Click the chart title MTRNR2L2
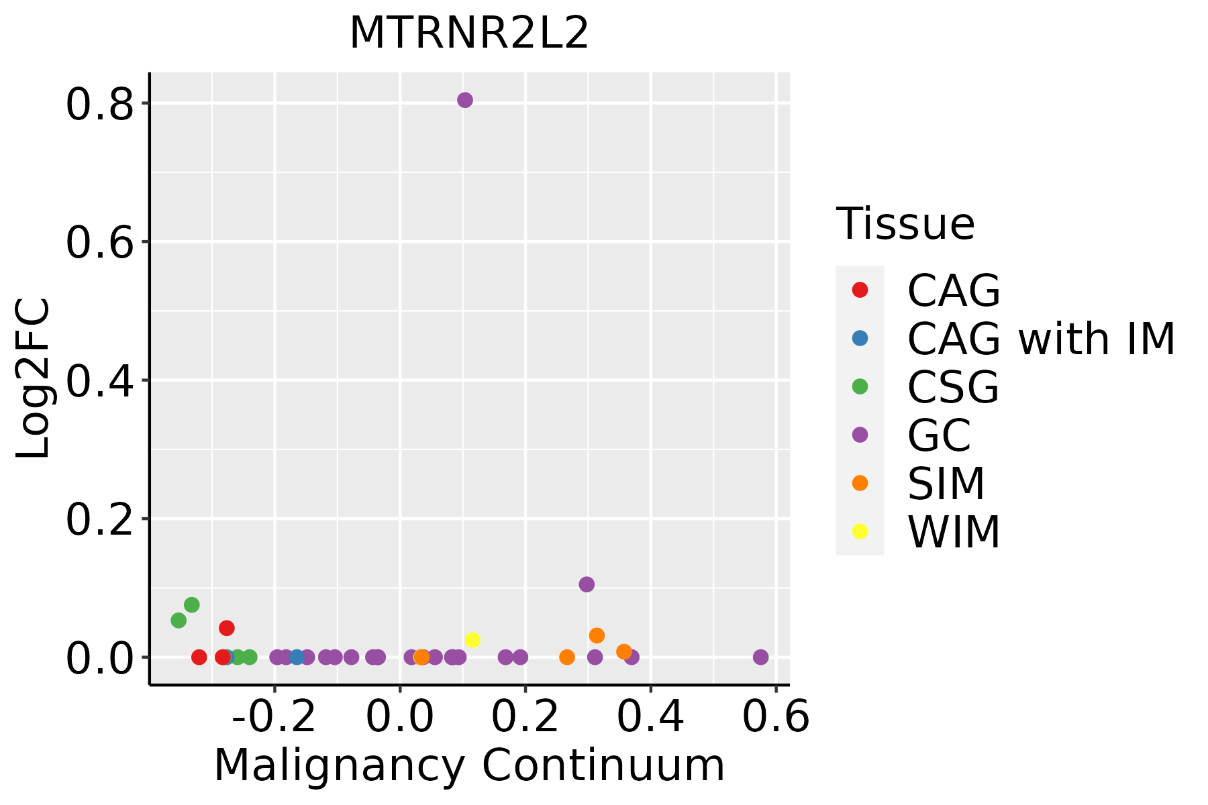coord(469,33)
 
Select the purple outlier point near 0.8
coord(465,100)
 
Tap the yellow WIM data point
coord(472,640)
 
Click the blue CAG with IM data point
coord(297,657)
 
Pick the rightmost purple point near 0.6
coord(760,657)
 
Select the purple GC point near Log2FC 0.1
coord(587,584)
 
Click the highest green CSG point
coord(192,605)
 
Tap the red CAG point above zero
coord(227,628)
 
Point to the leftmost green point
coord(179,621)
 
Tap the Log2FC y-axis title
coord(34,378)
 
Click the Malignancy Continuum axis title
coord(469,765)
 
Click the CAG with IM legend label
coord(1041,339)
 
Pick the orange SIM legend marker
coord(860,483)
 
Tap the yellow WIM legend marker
coord(860,531)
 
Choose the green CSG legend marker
coord(860,386)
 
